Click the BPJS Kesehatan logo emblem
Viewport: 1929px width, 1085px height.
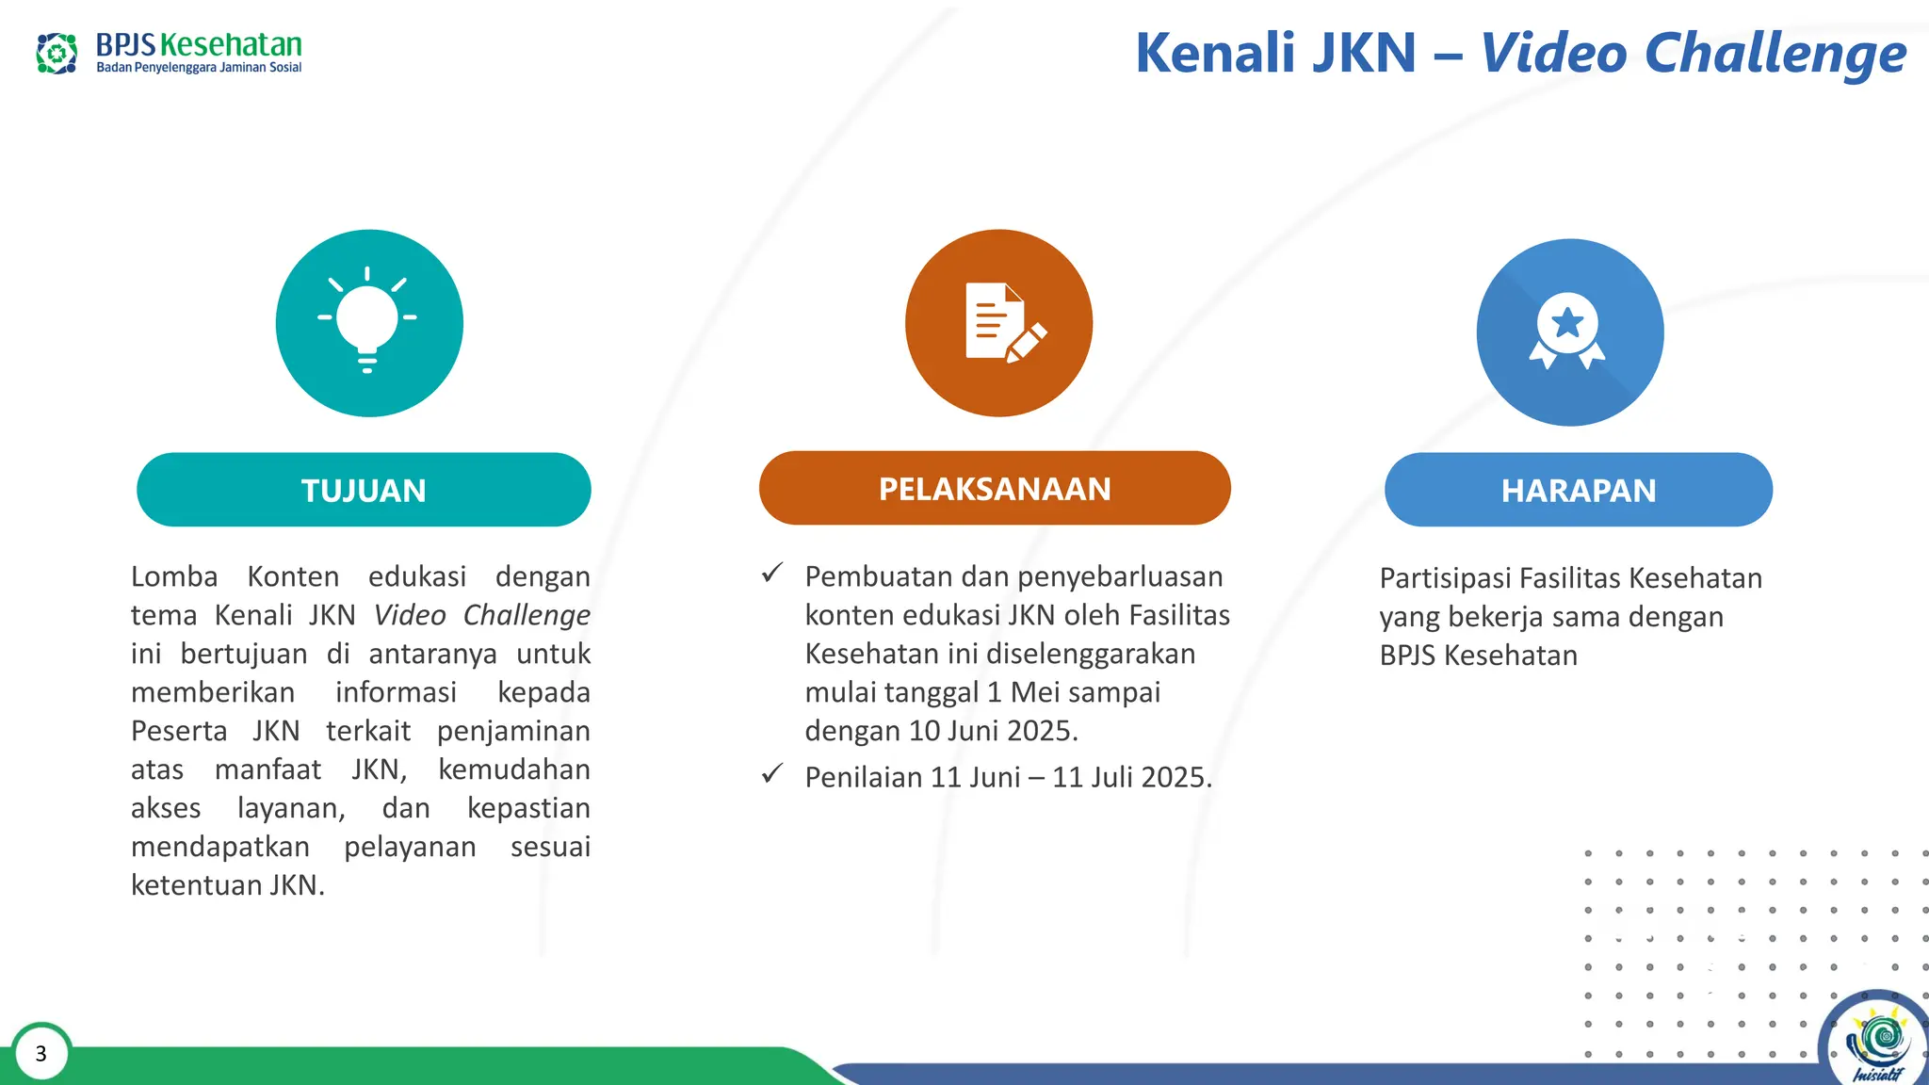pyautogui.click(x=57, y=54)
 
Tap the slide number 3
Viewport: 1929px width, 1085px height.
pyautogui.click(x=41, y=1053)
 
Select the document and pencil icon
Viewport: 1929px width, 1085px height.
pyautogui.click(x=1001, y=323)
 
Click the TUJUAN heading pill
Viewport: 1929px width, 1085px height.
pyautogui.click(x=364, y=490)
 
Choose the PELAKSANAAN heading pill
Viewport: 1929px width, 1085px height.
pyautogui.click(x=995, y=488)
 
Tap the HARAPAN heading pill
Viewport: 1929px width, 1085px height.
pyautogui.click(x=1578, y=490)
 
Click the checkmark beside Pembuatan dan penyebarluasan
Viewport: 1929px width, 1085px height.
pyautogui.click(x=772, y=573)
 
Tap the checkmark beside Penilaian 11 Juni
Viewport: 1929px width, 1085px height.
pyautogui.click(x=772, y=774)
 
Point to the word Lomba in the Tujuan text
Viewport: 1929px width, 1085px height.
pyautogui.click(x=174, y=576)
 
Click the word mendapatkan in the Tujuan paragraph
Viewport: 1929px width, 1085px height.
pyautogui.click(x=220, y=847)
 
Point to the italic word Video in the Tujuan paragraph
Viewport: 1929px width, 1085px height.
pyautogui.click(x=410, y=615)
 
